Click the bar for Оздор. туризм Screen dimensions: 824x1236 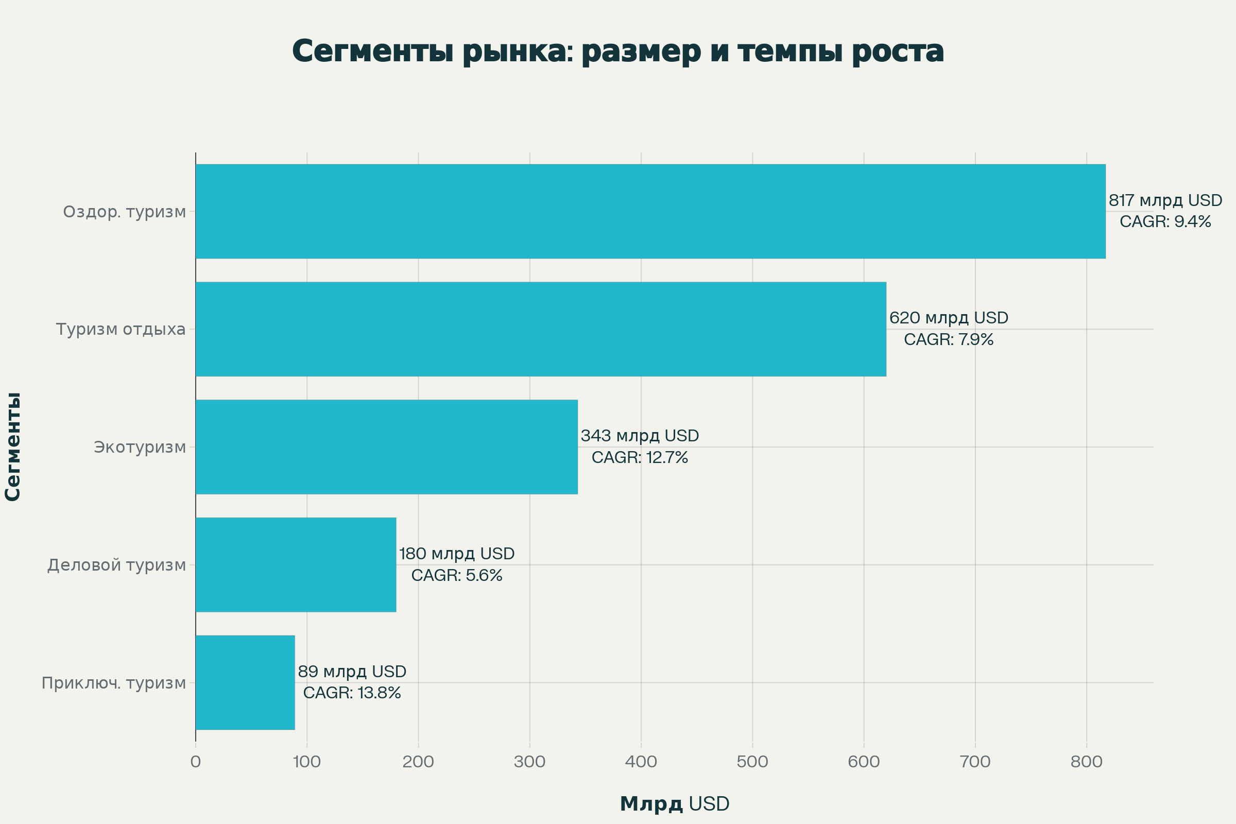coord(650,211)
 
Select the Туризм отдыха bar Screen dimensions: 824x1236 coord(541,329)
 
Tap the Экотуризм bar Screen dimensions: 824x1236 coord(386,447)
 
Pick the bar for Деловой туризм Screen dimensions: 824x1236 coord(295,564)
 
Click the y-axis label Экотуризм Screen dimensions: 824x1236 coord(140,447)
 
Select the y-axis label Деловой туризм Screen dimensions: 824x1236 coord(117,565)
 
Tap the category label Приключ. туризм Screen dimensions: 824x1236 coord(113,683)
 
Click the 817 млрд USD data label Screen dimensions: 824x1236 coord(1165,200)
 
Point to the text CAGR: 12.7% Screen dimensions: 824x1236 coord(640,458)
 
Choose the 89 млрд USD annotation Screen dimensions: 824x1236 coord(352,672)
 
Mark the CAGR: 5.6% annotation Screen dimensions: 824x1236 coord(457,575)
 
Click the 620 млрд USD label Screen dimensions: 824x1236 coord(949,318)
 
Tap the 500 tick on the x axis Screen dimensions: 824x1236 coord(752,762)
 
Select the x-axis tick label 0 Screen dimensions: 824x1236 coord(196,762)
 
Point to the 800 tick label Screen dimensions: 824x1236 coord(1087,762)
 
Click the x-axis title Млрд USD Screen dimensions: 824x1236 coord(675,803)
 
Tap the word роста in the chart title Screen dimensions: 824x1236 coord(898,52)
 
